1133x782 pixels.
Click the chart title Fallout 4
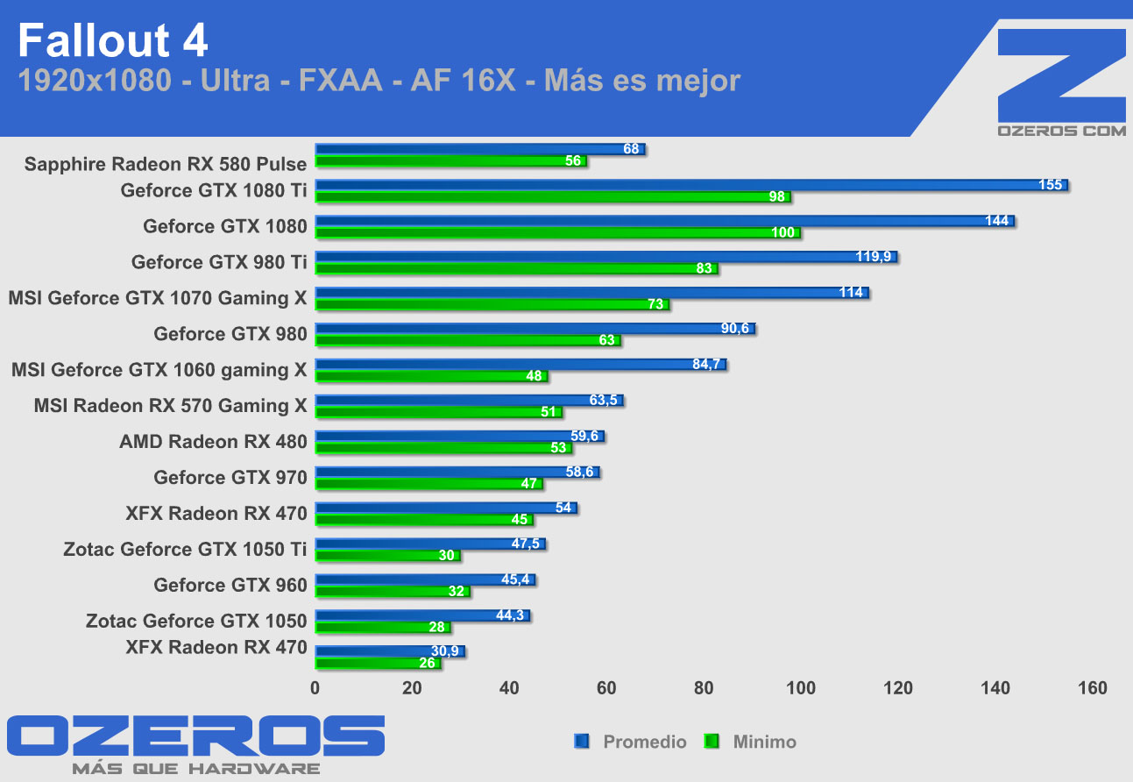pos(113,40)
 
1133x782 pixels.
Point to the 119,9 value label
pos(873,257)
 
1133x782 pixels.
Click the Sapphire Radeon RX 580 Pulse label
pos(166,164)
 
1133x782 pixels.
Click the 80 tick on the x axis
pos(704,688)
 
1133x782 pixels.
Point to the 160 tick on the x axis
pos(1092,688)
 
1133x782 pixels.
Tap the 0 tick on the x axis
pos(315,688)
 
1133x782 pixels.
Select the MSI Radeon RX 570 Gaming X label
pos(170,406)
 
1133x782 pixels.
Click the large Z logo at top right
pos(1061,75)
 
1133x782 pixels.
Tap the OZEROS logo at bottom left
pos(195,736)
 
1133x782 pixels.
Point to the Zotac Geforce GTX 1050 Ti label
pos(185,550)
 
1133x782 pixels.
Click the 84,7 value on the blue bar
pos(706,365)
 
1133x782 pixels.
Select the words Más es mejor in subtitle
pos(642,81)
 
